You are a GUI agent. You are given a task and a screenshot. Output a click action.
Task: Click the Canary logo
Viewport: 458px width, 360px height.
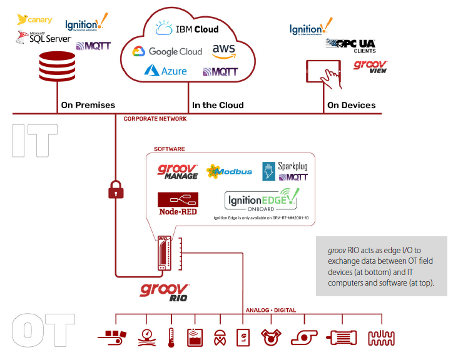click(x=35, y=19)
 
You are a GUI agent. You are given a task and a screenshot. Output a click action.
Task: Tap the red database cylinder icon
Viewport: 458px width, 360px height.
click(x=56, y=69)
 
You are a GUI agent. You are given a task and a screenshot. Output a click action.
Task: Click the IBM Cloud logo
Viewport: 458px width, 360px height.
click(x=187, y=29)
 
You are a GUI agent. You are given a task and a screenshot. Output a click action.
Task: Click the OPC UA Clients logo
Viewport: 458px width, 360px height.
click(x=350, y=45)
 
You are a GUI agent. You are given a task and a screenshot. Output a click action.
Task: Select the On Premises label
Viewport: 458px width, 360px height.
click(x=88, y=105)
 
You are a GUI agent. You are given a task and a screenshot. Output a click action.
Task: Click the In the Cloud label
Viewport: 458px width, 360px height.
click(x=218, y=105)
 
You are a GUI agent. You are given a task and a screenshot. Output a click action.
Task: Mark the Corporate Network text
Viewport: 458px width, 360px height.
click(x=155, y=118)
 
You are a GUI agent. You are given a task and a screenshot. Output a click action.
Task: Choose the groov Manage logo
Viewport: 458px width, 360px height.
click(x=178, y=172)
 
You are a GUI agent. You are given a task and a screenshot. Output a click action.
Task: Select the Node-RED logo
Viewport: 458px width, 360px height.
click(x=178, y=204)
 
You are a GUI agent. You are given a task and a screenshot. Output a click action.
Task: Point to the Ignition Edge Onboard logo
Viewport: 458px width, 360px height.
click(x=262, y=200)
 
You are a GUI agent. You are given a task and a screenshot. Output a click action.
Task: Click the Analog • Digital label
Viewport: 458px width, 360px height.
click(x=270, y=310)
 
